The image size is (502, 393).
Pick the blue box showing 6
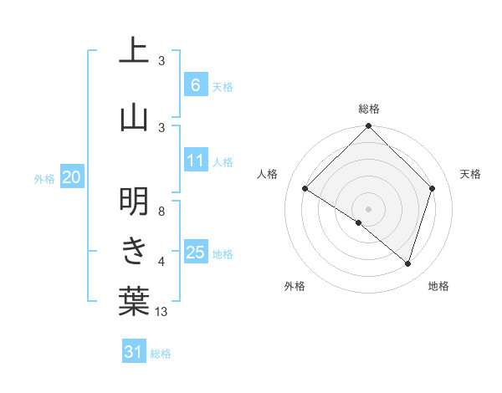195,85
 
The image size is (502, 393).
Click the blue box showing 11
197,161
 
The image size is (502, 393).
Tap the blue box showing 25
197,253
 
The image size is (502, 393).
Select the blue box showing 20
71,177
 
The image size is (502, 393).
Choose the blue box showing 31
134,352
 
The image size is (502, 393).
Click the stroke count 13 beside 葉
161,312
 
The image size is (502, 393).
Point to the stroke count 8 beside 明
161,211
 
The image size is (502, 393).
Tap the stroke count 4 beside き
161,262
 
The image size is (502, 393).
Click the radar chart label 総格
368,109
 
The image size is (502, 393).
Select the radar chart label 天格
470,174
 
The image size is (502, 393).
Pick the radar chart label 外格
295,286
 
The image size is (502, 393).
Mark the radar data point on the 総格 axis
368,126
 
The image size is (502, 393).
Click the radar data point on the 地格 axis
407,263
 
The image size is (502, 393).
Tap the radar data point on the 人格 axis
305,189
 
